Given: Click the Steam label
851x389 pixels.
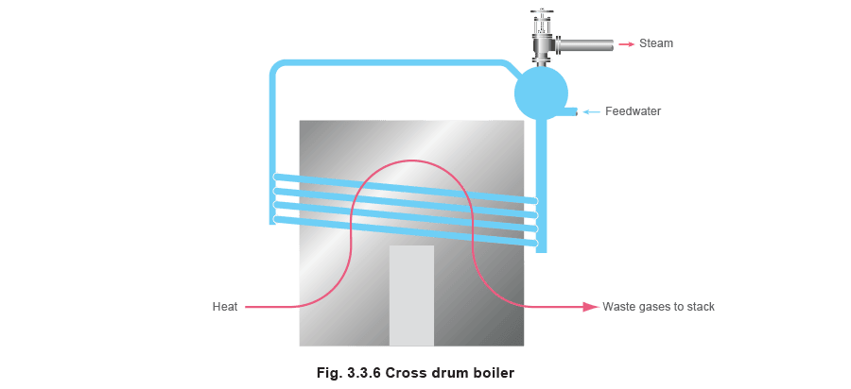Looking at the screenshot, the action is [655, 43].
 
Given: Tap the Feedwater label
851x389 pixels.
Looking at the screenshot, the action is [633, 111].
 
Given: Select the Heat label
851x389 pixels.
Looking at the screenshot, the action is [225, 307].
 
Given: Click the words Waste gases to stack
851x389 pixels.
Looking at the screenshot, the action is [658, 307].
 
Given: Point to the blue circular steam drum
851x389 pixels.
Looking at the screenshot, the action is [541, 93].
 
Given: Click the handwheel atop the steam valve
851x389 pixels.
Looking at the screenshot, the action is [540, 13].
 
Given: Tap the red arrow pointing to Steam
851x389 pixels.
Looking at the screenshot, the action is [626, 43].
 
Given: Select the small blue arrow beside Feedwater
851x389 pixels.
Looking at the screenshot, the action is [592, 111].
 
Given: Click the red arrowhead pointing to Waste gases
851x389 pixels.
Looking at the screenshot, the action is [590, 307].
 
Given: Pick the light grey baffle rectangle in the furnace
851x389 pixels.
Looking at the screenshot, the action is [411, 296].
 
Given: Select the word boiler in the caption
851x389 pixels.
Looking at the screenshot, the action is [496, 373].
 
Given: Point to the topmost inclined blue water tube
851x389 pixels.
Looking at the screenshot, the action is [406, 189].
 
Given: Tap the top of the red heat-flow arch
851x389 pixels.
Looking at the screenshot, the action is [412, 161].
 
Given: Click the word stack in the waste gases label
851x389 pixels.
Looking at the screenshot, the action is [701, 307].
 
